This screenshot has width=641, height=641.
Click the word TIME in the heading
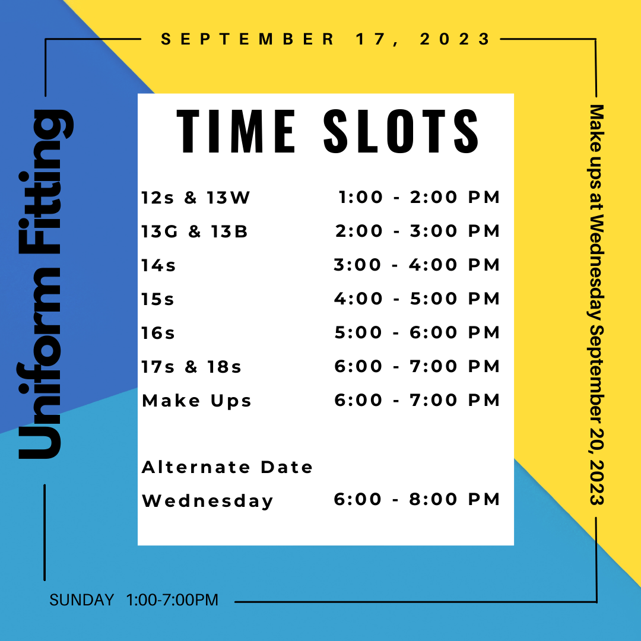pyautogui.click(x=236, y=131)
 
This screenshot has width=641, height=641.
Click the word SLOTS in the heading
pyautogui.click(x=401, y=131)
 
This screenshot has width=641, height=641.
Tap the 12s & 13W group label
pyautogui.click(x=195, y=198)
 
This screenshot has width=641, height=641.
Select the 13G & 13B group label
pyautogui.click(x=195, y=232)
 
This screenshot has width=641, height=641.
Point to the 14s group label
pyautogui.click(x=158, y=266)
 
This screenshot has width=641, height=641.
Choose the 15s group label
pyautogui.click(x=158, y=300)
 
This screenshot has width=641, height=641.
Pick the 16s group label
pyautogui.click(x=158, y=334)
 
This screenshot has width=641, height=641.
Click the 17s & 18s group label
pyautogui.click(x=191, y=367)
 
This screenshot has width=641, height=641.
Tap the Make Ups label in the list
pyautogui.click(x=196, y=401)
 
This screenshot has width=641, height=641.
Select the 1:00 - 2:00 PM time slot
pyautogui.click(x=419, y=198)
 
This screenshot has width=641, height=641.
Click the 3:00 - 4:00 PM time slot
pyautogui.click(x=417, y=265)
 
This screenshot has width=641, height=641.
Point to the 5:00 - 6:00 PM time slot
pyautogui.click(x=417, y=333)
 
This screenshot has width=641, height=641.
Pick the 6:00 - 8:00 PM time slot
pyautogui.click(x=417, y=500)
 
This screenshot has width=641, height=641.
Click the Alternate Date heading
pyautogui.click(x=227, y=467)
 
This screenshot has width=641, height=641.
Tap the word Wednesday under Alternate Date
pyautogui.click(x=207, y=501)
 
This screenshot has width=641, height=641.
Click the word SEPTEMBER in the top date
pyautogui.click(x=247, y=39)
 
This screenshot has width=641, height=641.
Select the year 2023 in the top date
pyautogui.click(x=455, y=39)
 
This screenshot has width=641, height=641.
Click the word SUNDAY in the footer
pyautogui.click(x=82, y=600)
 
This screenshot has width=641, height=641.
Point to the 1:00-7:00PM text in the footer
pyautogui.click(x=172, y=600)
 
